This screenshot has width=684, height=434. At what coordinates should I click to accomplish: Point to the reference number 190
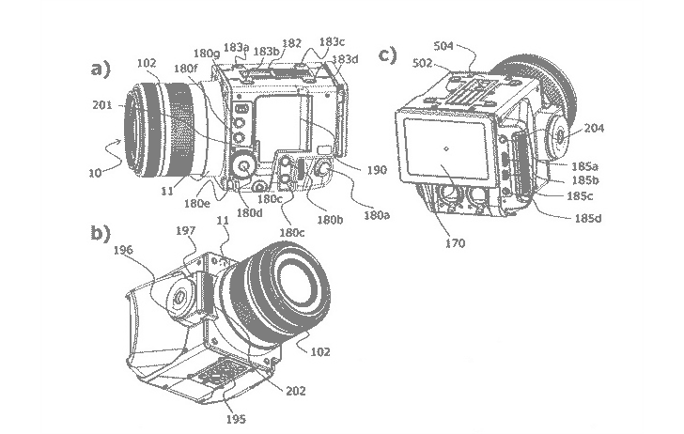377,170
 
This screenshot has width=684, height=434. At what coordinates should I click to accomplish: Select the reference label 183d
345,59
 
